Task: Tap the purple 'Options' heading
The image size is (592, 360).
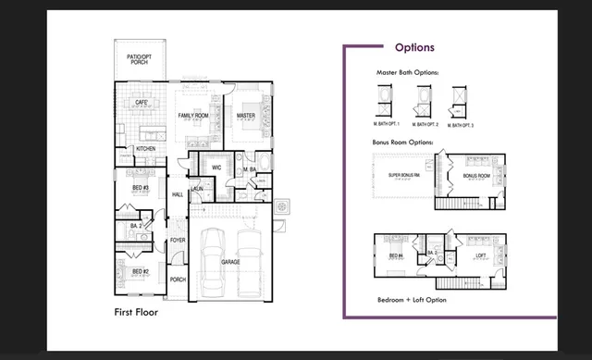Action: pos(414,47)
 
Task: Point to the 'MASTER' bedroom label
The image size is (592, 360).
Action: pos(246,116)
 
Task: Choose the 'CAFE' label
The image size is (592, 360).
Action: pos(142,102)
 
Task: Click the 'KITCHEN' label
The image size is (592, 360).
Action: pos(146,148)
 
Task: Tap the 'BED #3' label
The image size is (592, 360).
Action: pos(140,188)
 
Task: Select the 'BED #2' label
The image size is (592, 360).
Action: pos(140,271)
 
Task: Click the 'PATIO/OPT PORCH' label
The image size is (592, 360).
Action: pos(139,59)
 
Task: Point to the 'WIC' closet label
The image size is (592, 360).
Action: pos(216,168)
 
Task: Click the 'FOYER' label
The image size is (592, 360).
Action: pos(178,242)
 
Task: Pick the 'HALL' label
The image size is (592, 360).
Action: pos(178,194)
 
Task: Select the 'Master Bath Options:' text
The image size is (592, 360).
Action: pos(407,71)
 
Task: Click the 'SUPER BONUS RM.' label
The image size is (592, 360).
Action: pos(405,174)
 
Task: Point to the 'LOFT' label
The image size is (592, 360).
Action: pos(480,254)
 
